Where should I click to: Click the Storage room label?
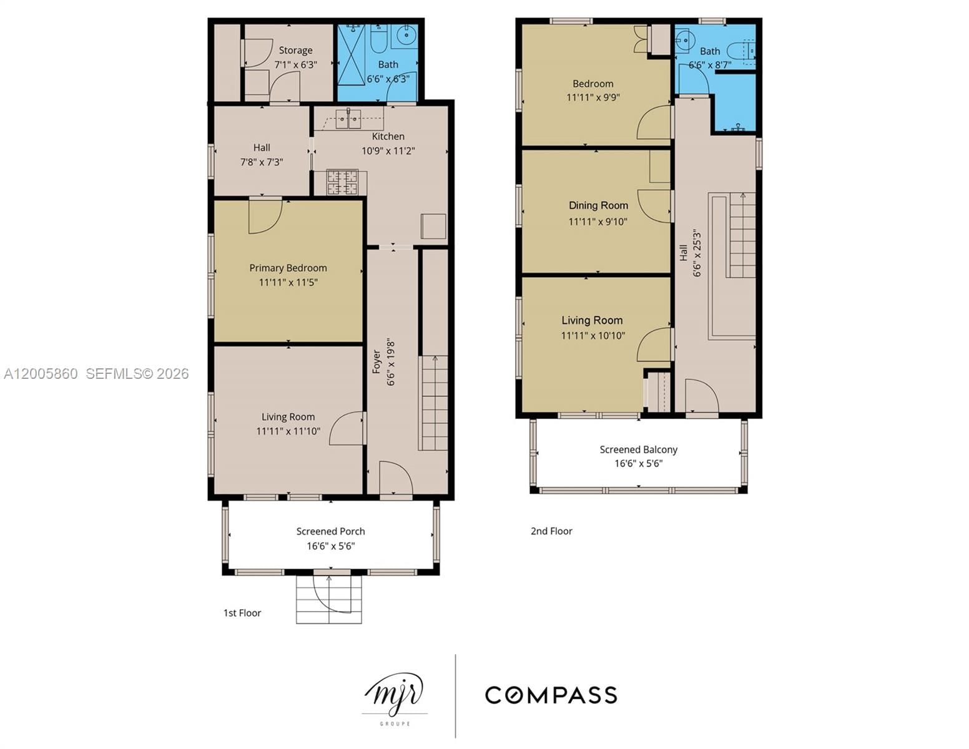tap(295, 51)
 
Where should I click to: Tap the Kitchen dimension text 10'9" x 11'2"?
tap(388, 150)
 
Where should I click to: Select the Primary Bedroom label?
tap(288, 268)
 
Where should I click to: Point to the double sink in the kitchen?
tap(348, 119)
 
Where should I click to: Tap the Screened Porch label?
tap(330, 531)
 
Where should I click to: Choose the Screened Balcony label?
tap(638, 449)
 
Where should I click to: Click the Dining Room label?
tap(598, 205)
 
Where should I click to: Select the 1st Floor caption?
tap(242, 613)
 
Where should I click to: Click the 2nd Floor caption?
tap(551, 531)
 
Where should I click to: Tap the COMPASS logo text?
tap(551, 695)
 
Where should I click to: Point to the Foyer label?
tap(376, 362)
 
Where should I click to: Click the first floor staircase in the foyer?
tap(433, 403)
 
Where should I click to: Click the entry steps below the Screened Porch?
tap(329, 599)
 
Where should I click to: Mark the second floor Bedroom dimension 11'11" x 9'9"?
tap(593, 97)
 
